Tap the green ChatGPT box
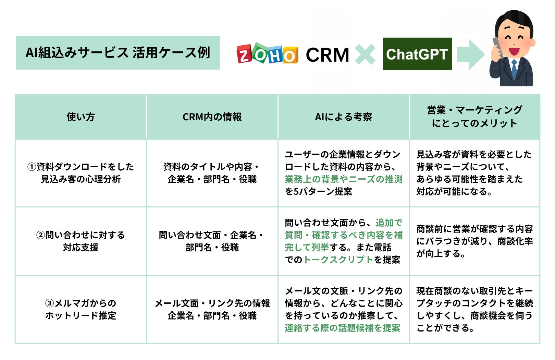pos(417,54)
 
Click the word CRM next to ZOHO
pos(327,55)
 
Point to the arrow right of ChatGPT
pos(471,54)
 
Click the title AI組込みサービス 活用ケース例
pos(118,53)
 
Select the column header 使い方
pos(81,117)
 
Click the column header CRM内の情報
pos(212,117)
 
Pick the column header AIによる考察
pos(343,117)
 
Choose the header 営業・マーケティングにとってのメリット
pos(474,117)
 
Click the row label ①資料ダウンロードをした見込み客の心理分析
pos(81,173)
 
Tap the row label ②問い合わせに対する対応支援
pos(81,241)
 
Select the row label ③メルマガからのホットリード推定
pos(81,309)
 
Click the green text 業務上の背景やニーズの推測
pos(343,179)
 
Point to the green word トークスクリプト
pos(338,260)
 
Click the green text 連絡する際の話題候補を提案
pos(342,328)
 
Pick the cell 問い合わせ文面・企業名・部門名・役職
pos(212,241)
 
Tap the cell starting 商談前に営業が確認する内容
pos(474,241)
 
